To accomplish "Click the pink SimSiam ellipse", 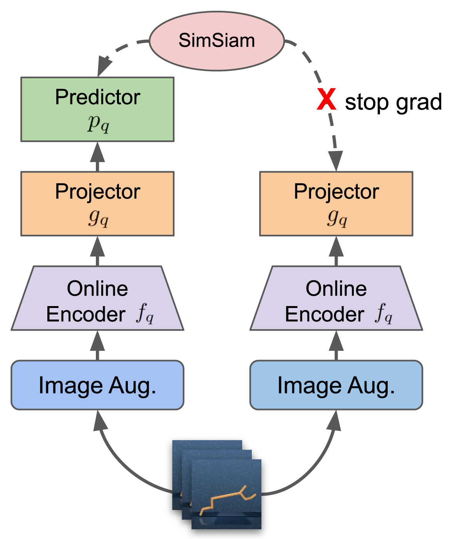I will coord(216,41).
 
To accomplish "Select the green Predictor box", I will coord(97,109).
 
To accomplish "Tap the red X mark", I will coord(326,99).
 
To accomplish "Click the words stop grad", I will coord(393,102).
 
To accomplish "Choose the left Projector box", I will coord(97,204).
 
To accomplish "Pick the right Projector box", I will coord(336,204).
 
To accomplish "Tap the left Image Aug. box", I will coord(97,385).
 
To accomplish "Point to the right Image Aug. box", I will coord(336,385).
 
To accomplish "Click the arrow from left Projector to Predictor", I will coord(97,157).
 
